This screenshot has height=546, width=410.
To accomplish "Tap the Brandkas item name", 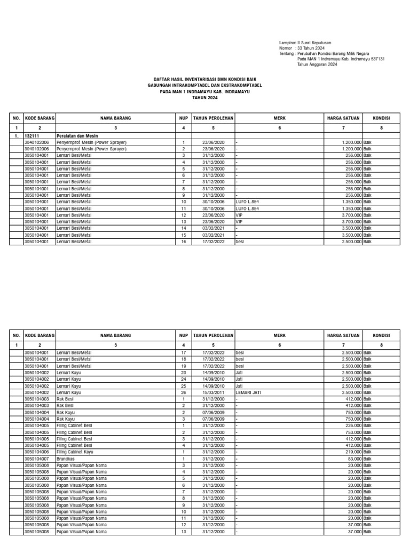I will [66, 459].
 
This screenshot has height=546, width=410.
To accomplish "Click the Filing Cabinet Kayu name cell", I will [74, 452].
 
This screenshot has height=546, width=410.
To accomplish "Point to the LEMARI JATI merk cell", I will [248, 392].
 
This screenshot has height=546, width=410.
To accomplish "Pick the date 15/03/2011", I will [213, 392].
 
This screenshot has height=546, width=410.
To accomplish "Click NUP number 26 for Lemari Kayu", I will [183, 392].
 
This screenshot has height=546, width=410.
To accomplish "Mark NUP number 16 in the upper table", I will [183, 242].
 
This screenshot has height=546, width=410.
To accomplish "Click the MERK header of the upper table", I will [280, 117].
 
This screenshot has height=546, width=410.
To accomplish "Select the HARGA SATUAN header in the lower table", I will [343, 335].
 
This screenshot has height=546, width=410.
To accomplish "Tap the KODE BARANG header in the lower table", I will [40, 335].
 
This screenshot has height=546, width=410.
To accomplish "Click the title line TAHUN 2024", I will [205, 98].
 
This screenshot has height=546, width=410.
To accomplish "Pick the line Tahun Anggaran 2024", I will [317, 65].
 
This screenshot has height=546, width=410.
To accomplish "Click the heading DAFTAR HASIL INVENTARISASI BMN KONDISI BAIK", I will [205, 79].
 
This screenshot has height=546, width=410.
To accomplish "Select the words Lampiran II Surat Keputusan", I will [305, 42].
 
